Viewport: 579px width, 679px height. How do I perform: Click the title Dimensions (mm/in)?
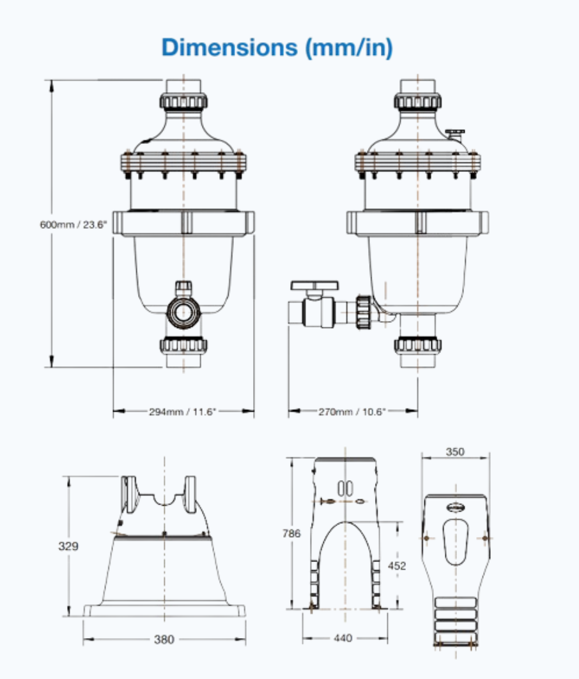click(x=277, y=47)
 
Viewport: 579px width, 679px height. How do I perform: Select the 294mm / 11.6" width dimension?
click(x=183, y=412)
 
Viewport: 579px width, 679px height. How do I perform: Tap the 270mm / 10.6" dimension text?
click(x=352, y=412)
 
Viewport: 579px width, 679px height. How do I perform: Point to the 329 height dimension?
click(x=68, y=546)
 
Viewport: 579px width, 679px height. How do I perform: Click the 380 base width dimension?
click(x=164, y=639)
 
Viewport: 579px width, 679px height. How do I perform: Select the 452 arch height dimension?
click(x=397, y=565)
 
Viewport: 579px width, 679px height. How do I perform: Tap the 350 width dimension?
click(x=455, y=452)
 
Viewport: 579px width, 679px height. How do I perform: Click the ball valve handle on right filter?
click(x=316, y=285)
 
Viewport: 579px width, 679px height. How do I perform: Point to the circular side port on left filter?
click(x=183, y=312)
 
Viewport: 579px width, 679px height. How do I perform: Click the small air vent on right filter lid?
click(x=456, y=132)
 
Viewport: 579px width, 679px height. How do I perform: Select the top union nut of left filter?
click(x=183, y=101)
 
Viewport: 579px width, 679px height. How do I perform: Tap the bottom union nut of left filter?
click(x=183, y=346)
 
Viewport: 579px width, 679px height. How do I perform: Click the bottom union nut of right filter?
click(x=417, y=346)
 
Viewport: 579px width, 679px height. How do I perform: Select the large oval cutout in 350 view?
click(x=456, y=540)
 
